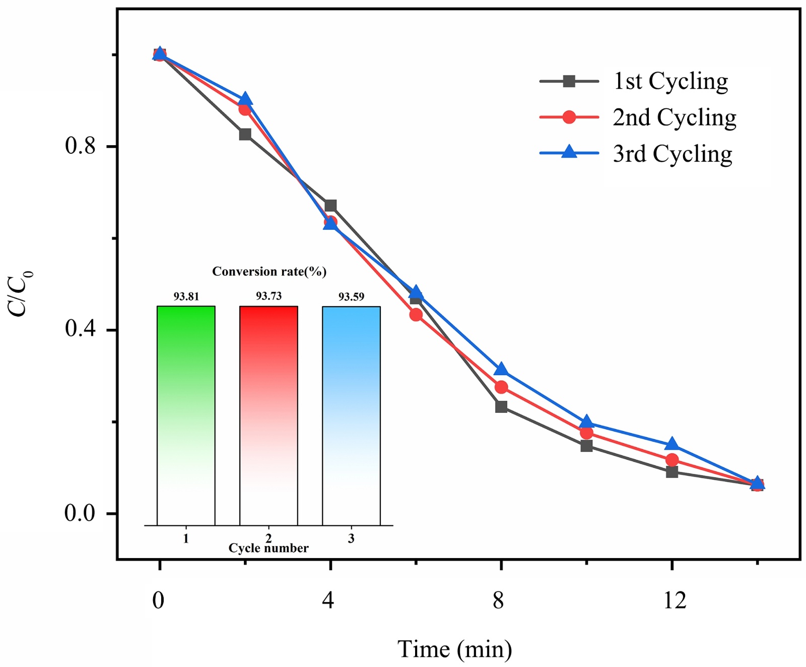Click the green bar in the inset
[186, 415]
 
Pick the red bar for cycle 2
[268, 415]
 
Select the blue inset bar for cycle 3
[351, 415]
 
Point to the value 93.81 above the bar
[186, 296]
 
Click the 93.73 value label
[268, 296]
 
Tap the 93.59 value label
[351, 296]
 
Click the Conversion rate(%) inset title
[269, 272]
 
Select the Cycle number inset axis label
[268, 549]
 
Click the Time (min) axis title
[454, 649]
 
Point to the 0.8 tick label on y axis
[80, 146]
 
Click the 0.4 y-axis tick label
[80, 329]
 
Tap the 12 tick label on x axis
[674, 600]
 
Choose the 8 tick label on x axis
[498, 600]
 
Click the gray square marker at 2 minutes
[245, 134]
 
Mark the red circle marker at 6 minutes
[416, 315]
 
